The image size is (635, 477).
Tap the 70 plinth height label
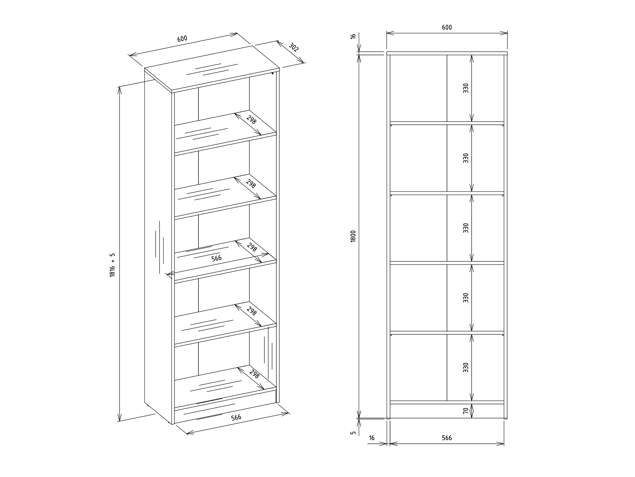[466, 411]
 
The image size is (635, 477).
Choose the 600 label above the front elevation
[447, 27]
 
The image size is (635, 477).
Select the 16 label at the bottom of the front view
[372, 438]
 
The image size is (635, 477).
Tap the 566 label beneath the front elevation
[447, 438]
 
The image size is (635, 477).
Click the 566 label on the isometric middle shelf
[216, 258]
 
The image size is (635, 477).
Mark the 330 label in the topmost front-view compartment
[466, 88]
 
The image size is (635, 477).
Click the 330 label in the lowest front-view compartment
[466, 367]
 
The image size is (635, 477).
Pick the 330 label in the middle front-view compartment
[466, 228]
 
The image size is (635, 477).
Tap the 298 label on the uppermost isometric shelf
[251, 120]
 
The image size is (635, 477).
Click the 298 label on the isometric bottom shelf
[254, 374]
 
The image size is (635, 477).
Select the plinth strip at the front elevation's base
[447, 411]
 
